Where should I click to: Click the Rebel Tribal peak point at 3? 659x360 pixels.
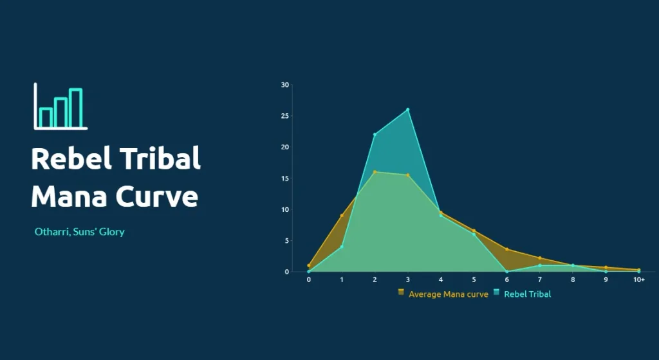pyautogui.click(x=407, y=109)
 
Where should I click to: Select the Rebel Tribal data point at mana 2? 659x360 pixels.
pyautogui.click(x=375, y=135)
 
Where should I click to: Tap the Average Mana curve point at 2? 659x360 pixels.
pyautogui.click(x=375, y=172)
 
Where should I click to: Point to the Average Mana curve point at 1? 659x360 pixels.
pyautogui.click(x=342, y=216)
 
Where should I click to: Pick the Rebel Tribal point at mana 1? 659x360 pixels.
pyautogui.click(x=342, y=247)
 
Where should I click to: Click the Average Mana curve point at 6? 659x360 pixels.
pyautogui.click(x=507, y=249)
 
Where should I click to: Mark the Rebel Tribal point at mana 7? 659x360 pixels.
pyautogui.click(x=540, y=265)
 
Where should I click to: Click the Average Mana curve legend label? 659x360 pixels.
pyautogui.click(x=449, y=294)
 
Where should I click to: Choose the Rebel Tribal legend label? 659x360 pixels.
pyautogui.click(x=528, y=294)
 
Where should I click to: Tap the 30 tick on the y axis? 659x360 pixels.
pyautogui.click(x=285, y=85)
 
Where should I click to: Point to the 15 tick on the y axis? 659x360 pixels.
pyautogui.click(x=285, y=178)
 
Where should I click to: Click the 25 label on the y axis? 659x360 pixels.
pyautogui.click(x=285, y=116)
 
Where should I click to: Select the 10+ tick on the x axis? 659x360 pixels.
pyautogui.click(x=639, y=279)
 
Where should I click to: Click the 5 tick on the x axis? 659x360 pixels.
pyautogui.click(x=474, y=279)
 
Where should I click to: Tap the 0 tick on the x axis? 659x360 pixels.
pyautogui.click(x=309, y=279)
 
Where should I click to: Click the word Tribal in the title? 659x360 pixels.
pyautogui.click(x=160, y=158)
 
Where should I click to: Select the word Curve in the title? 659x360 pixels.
pyautogui.click(x=157, y=196)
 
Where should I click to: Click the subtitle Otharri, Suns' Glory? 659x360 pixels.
pyautogui.click(x=79, y=232)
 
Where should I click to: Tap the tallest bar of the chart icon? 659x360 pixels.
pyautogui.click(x=76, y=108)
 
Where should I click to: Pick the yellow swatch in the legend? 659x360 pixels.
pyautogui.click(x=401, y=292)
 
